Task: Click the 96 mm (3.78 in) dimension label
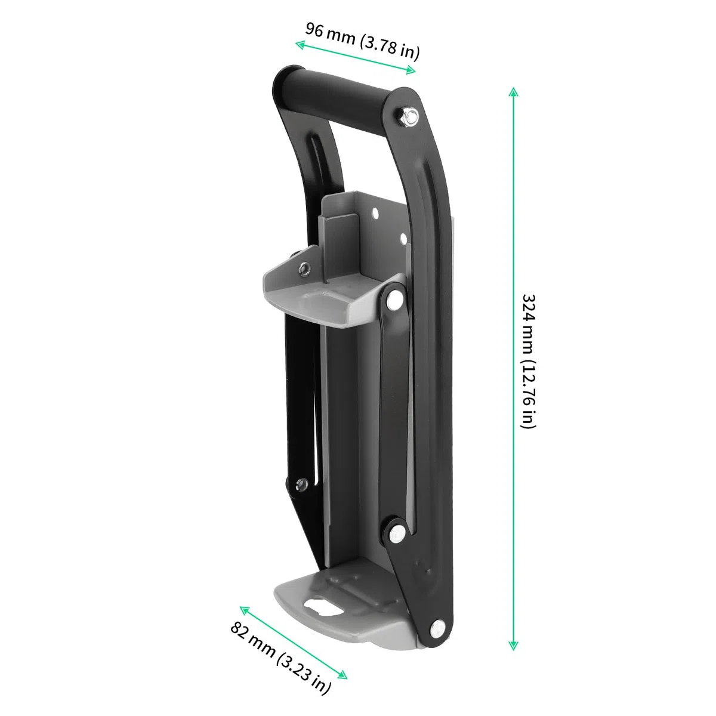pos(362,41)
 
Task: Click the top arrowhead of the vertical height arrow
pos(513,92)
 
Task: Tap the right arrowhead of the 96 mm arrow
pos(411,70)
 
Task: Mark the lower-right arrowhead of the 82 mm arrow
pos(342,674)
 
